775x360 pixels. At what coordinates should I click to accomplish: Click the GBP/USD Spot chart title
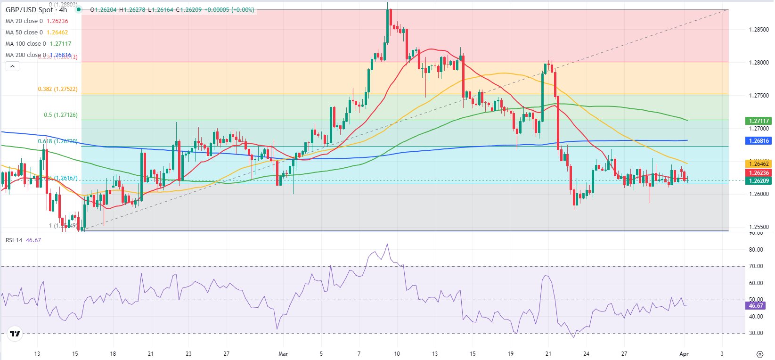tap(36, 10)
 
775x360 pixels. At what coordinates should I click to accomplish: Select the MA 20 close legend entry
tap(37, 21)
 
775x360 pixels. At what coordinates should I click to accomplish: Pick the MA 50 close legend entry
tap(37, 33)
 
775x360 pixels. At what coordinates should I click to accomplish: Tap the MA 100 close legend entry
tap(38, 44)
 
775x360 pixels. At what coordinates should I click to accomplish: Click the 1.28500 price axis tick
tap(759, 30)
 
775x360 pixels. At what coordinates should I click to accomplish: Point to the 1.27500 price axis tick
tap(759, 96)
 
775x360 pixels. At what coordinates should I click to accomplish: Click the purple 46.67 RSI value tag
tap(756, 306)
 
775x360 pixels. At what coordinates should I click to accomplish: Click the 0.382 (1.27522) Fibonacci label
tap(57, 89)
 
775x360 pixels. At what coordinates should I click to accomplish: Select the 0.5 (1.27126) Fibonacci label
tap(60, 115)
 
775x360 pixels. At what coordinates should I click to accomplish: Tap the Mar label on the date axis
tap(283, 354)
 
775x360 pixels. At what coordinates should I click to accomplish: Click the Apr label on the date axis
tap(684, 354)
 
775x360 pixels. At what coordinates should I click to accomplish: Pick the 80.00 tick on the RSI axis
tap(756, 250)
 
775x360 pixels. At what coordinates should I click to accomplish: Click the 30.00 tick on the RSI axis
tap(756, 333)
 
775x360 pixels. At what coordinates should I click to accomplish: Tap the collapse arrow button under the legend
tap(13, 66)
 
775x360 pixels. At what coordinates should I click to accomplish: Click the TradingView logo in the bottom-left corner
tap(15, 334)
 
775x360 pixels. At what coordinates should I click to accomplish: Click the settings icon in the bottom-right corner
tap(759, 354)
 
